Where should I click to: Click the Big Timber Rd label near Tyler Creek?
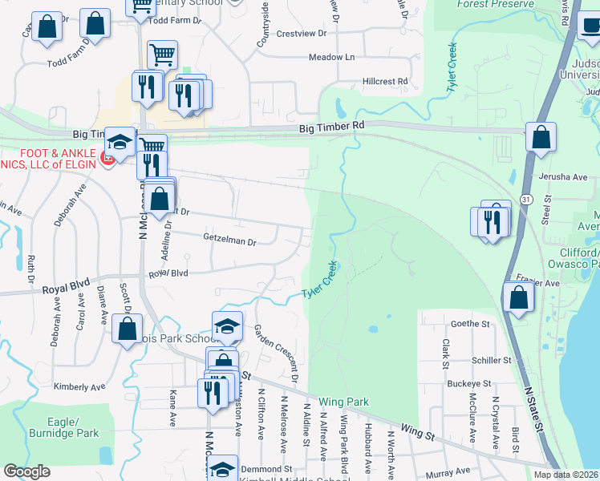(331, 127)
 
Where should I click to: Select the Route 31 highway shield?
(523, 198)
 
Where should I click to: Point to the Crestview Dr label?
(301, 34)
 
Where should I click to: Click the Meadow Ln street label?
(331, 58)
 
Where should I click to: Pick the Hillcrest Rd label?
(385, 82)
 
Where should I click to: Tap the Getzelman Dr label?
(229, 240)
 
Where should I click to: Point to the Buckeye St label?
(468, 384)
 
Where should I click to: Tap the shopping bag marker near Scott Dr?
(127, 328)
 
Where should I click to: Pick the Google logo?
(26, 471)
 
